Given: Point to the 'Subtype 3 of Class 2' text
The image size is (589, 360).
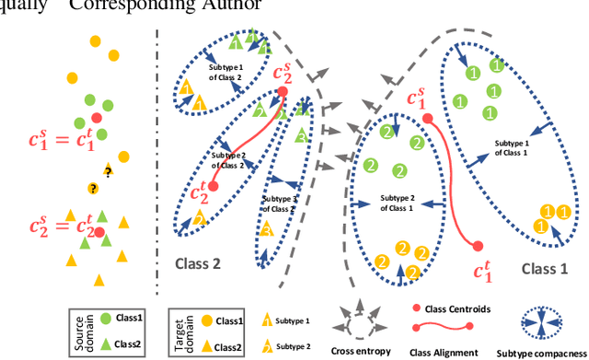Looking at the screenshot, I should pos(280,203).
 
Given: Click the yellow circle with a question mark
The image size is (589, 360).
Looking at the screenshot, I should pos(93,189).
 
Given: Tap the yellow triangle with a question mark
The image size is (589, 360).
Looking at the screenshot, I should pos(109,171).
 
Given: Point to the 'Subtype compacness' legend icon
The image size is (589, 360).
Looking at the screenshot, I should pos(550,325).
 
